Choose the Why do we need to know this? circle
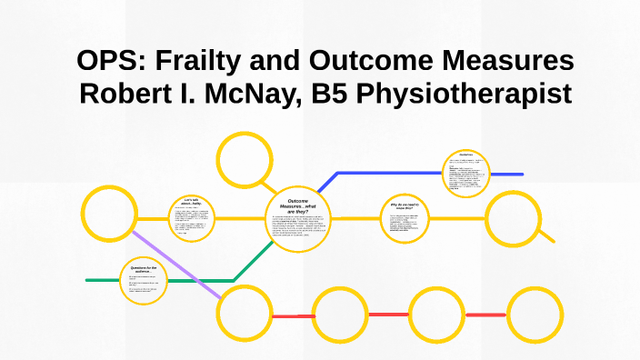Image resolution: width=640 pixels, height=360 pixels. click(x=405, y=218)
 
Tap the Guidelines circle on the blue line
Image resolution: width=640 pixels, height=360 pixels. click(x=468, y=173)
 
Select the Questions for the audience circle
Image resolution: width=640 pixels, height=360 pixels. click(x=145, y=281)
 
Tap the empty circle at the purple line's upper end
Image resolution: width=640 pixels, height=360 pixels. click(x=109, y=214)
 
